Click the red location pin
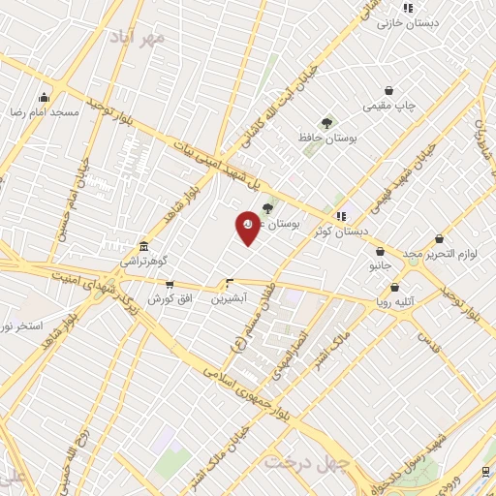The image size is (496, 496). click(x=248, y=226)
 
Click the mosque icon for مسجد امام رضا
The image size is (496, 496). click(x=44, y=97)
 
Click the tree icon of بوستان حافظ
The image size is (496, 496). click(x=325, y=123)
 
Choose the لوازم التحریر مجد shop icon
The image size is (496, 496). click(x=440, y=238)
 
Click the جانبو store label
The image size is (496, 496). click(x=380, y=263)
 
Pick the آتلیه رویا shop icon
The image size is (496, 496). click(x=395, y=287)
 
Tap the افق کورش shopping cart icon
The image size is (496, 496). click(x=170, y=285)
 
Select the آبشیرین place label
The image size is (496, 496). click(x=230, y=298)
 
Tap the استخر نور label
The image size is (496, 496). click(x=19, y=325)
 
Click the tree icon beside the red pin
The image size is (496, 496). click(x=268, y=206)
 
